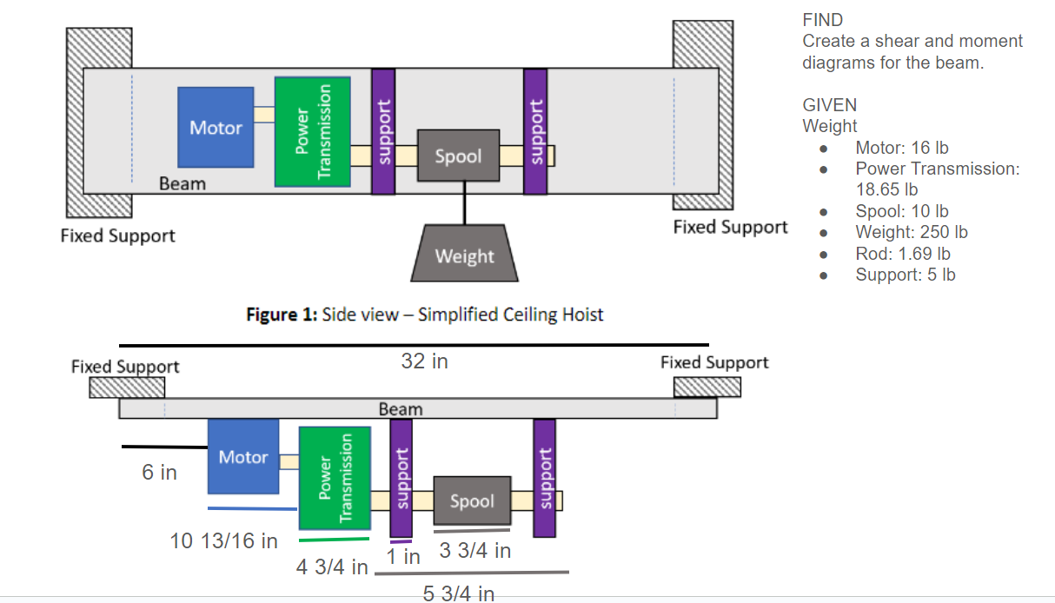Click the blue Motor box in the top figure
(216, 127)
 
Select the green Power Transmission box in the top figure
(312, 131)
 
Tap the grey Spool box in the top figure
(458, 156)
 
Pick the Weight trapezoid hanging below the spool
(464, 255)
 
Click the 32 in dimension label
(425, 361)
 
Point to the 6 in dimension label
(160, 473)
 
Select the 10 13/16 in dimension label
(224, 540)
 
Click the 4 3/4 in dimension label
(332, 567)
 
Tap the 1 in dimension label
(404, 557)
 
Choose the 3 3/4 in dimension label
(475, 550)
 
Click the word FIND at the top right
(823, 20)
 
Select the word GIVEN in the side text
(829, 105)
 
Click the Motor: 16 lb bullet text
(902, 148)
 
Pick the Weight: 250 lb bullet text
(912, 232)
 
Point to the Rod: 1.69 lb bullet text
(903, 254)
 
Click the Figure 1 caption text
(425, 315)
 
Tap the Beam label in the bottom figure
(401, 408)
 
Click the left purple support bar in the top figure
(383, 131)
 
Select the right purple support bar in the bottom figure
(544, 478)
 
